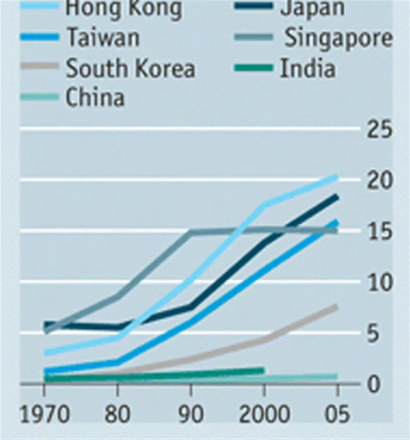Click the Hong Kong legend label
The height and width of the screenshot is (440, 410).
click(123, 8)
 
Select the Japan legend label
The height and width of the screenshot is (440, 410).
click(312, 8)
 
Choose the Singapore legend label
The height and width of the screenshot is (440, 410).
click(338, 38)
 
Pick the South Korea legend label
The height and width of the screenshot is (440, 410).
click(130, 68)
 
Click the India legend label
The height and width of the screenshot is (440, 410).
click(307, 68)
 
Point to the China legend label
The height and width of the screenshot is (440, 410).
click(95, 97)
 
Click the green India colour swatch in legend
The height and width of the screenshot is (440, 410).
click(253, 68)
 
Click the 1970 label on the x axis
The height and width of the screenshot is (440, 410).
click(44, 414)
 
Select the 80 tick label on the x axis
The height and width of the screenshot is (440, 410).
click(117, 414)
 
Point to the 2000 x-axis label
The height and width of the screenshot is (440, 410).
click(264, 414)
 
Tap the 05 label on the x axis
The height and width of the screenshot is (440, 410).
click(337, 414)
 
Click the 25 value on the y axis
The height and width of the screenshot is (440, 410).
click(379, 130)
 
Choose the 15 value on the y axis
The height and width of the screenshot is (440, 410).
click(379, 232)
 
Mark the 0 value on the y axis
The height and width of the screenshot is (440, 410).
click(374, 384)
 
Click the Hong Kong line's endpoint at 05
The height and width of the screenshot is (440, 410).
click(336, 177)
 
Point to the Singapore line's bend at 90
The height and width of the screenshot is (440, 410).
click(191, 232)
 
